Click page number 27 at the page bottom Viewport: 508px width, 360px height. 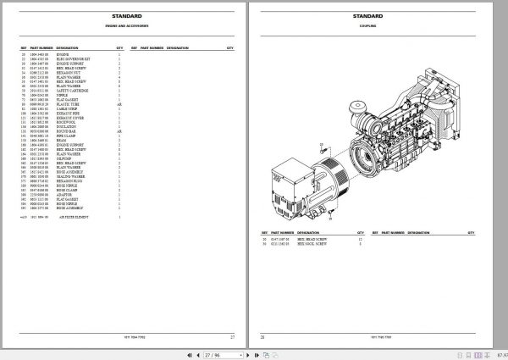[231, 336]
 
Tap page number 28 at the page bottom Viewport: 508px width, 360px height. [262, 336]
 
